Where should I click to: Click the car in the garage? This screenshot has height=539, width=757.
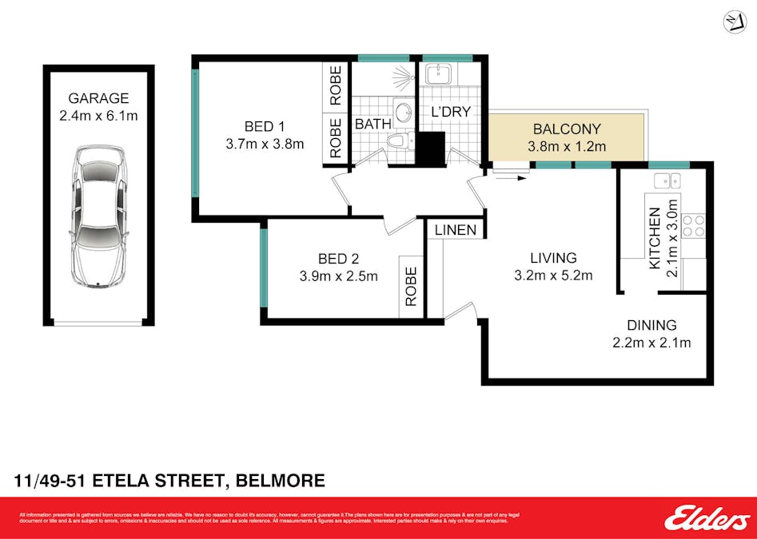click(x=98, y=216)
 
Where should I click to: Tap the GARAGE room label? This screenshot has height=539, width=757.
click(x=98, y=98)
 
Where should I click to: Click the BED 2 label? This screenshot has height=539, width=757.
click(x=338, y=259)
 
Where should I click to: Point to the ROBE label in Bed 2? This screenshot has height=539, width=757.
click(x=411, y=286)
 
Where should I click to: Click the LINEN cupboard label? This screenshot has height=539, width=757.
click(x=456, y=230)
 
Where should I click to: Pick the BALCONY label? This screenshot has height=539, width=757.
click(x=567, y=129)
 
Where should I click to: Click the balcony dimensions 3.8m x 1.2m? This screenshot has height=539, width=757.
click(x=567, y=146)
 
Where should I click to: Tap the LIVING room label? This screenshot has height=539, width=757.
click(x=553, y=258)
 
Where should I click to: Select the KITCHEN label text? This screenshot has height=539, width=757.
click(x=655, y=238)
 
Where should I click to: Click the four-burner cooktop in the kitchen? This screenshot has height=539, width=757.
click(x=693, y=225)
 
